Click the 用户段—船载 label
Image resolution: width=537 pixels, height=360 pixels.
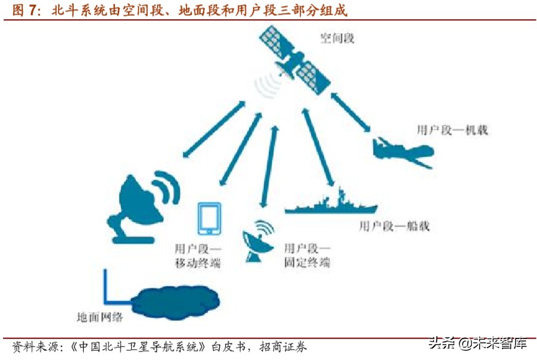pos(394,226)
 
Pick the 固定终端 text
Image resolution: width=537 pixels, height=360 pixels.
pos(307,263)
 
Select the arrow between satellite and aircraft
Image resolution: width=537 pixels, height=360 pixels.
pos(351,112)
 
